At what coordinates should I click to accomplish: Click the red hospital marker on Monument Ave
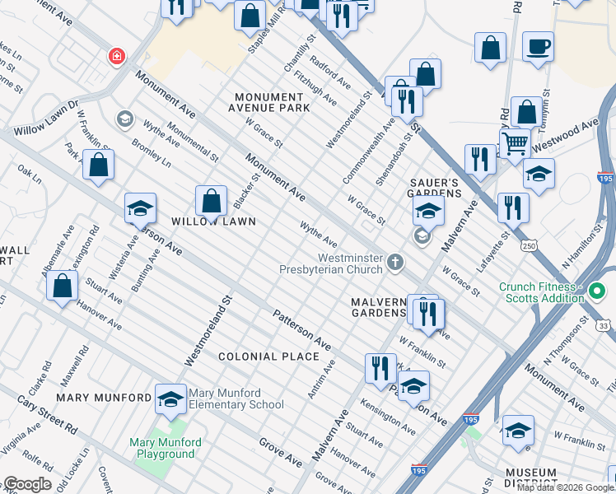(x=117, y=57)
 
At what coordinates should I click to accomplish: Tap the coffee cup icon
(x=538, y=47)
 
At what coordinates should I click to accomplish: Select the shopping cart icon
(x=515, y=142)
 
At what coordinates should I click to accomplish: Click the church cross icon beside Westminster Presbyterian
(x=396, y=263)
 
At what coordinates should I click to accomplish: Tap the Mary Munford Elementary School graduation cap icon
(x=170, y=398)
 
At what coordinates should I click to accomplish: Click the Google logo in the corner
(x=27, y=484)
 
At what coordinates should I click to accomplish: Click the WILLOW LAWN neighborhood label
(x=213, y=222)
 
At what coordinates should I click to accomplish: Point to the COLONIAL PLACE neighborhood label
(x=268, y=357)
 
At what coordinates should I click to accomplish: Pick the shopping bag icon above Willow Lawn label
(x=212, y=200)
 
